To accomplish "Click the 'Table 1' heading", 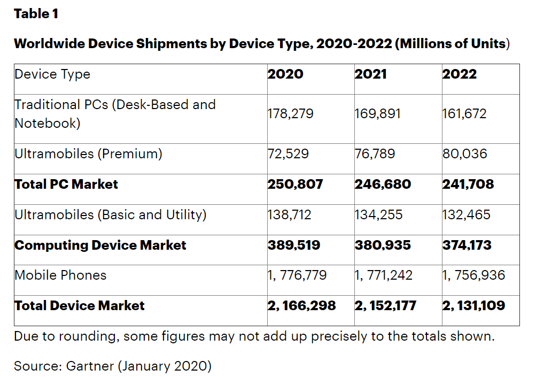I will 36,14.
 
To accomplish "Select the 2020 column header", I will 285,74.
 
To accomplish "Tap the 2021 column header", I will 371,74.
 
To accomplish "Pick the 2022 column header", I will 459,74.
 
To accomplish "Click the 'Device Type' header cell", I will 52,74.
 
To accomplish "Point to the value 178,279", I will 291,114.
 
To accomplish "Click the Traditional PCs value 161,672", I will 464,114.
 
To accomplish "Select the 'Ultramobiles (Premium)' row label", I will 88,154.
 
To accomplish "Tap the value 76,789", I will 375,154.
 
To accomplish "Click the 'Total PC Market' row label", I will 66,184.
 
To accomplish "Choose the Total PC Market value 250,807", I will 296,184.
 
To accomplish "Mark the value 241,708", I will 468,184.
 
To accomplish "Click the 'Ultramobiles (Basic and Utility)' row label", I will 110,215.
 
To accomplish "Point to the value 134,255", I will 379,215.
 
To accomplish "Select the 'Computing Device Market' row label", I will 100,245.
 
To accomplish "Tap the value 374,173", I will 467,245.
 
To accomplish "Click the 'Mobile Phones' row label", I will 60,275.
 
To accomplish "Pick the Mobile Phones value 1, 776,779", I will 297,276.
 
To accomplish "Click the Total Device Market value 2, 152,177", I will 385,306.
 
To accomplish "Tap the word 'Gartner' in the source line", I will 90,366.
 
